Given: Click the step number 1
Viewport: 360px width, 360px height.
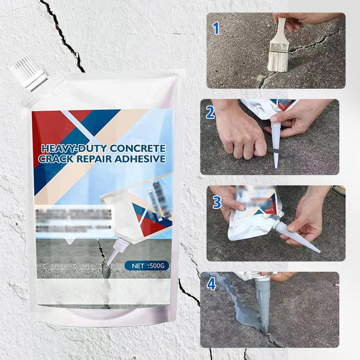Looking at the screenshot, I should [217, 28].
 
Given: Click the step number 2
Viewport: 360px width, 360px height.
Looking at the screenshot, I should [210, 112].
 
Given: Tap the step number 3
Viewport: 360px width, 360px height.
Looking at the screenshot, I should [217, 202].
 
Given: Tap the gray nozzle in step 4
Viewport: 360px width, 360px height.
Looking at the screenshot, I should [262, 300].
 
